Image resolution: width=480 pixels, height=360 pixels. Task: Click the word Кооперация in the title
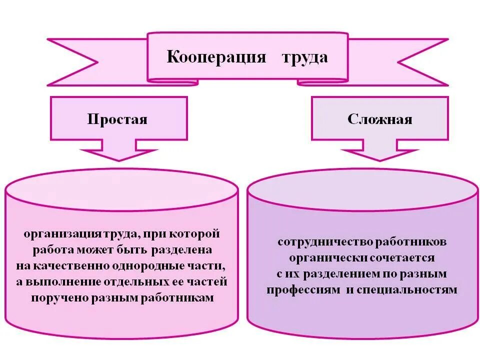tap(216, 57)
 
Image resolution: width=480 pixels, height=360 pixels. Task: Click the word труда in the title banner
tap(305, 57)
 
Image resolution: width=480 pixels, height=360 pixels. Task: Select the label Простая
tap(117, 119)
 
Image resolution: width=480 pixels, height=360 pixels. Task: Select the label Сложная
tap(380, 119)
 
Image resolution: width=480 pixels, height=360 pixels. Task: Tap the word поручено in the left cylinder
tap(59, 298)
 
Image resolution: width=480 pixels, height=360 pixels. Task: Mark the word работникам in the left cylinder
tap(178, 298)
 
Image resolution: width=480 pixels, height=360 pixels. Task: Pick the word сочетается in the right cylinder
tap(402, 258)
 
